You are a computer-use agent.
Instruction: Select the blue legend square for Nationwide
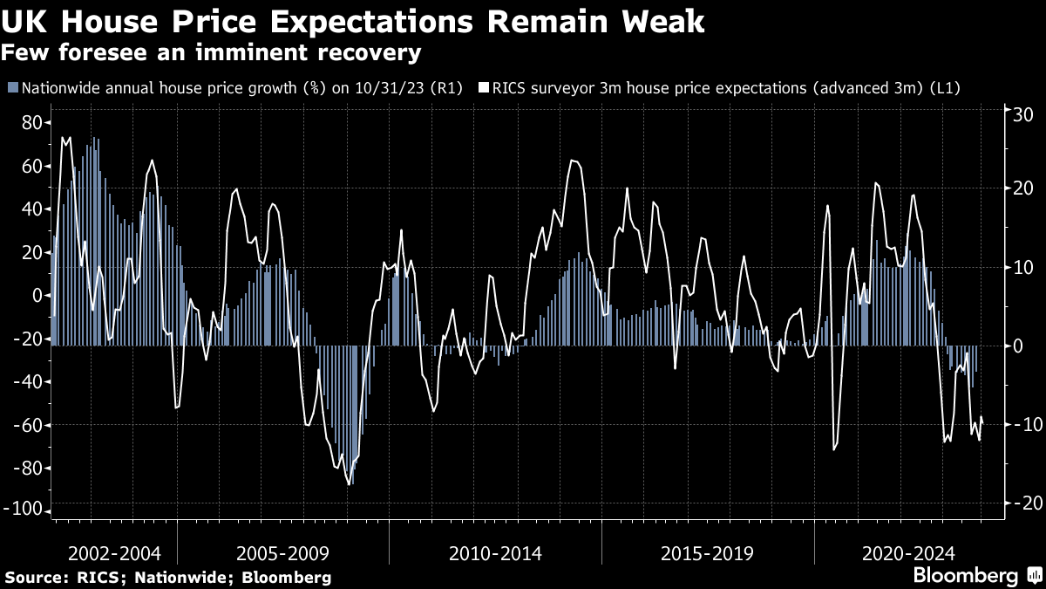pyautogui.click(x=12, y=88)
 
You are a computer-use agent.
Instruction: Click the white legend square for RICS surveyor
pyautogui.click(x=483, y=88)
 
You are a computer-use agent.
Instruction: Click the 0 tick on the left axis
pyautogui.click(x=37, y=295)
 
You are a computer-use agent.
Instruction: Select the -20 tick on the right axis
pyautogui.click(x=1021, y=503)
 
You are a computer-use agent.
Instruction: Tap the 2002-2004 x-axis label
pyautogui.click(x=114, y=553)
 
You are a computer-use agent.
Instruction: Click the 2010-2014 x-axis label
pyautogui.click(x=495, y=553)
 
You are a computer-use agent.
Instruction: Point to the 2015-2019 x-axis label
pyautogui.click(x=707, y=553)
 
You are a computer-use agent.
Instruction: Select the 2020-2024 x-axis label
pyautogui.click(x=907, y=553)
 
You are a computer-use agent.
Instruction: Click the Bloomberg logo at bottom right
pyautogui.click(x=966, y=576)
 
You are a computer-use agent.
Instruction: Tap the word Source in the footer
pyautogui.click(x=34, y=578)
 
